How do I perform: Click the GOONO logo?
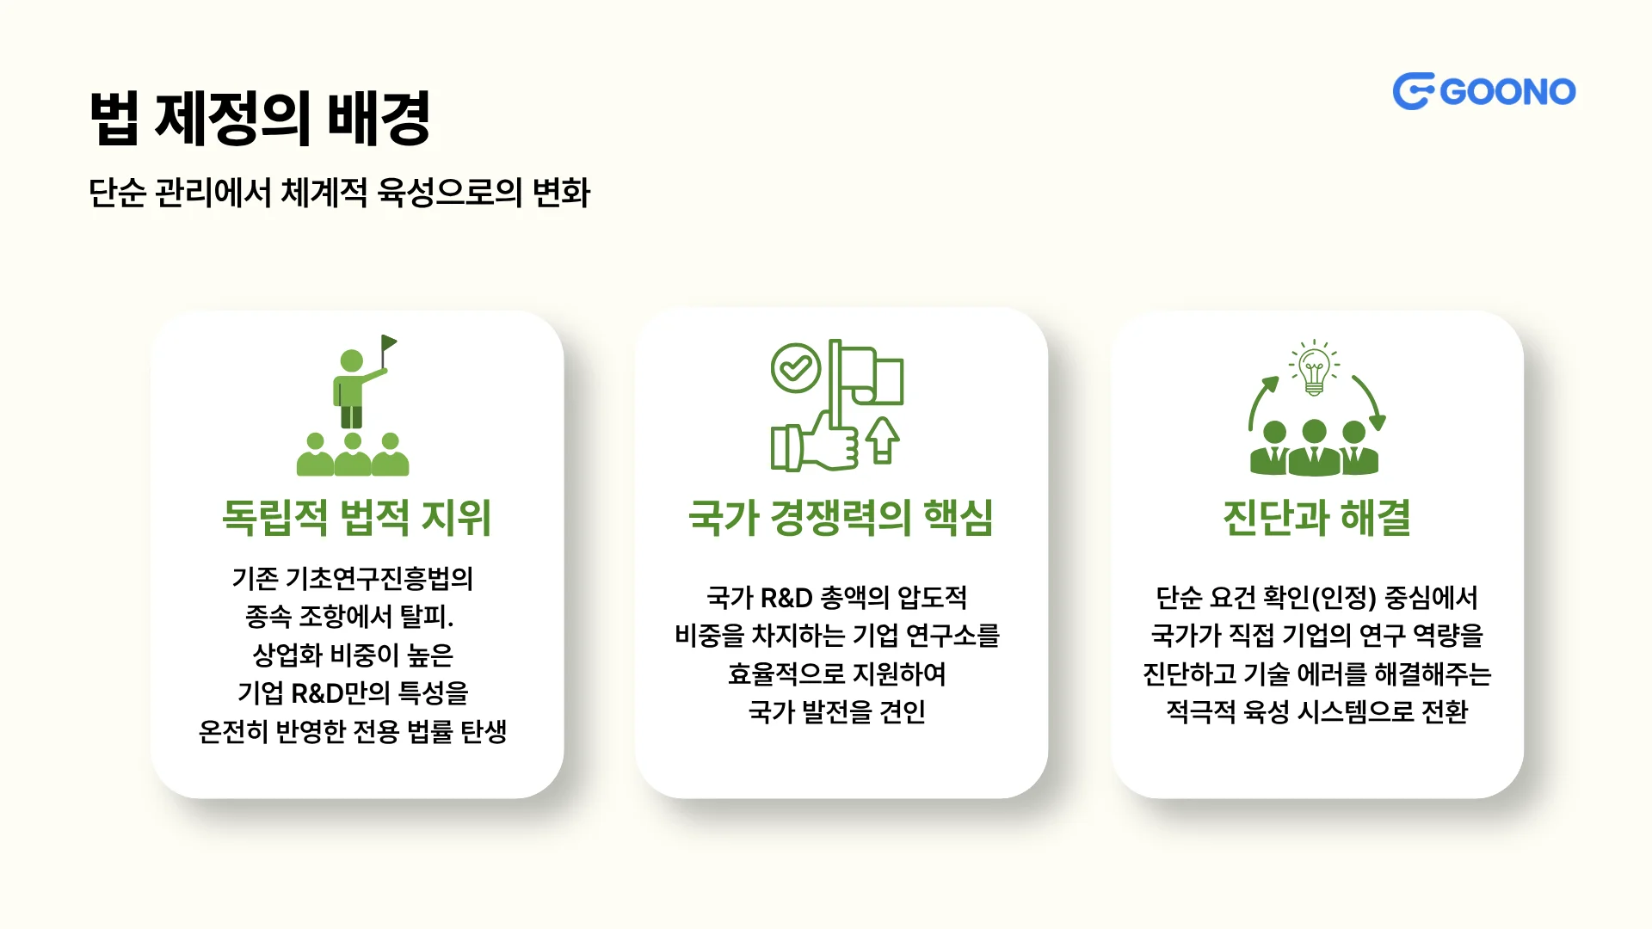[x=1484, y=91]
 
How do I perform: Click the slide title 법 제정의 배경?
[x=260, y=118]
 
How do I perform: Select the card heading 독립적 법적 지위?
[x=356, y=518]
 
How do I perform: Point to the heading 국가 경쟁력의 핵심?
[x=841, y=518]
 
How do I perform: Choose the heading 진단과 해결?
[x=1316, y=518]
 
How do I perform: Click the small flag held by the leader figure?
[x=389, y=344]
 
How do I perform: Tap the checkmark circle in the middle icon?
[x=796, y=368]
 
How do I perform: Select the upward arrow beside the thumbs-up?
[x=883, y=440]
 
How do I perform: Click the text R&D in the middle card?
[x=786, y=598]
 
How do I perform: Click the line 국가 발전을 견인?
[x=836, y=712]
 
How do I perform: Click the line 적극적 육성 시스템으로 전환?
[x=1316, y=712]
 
